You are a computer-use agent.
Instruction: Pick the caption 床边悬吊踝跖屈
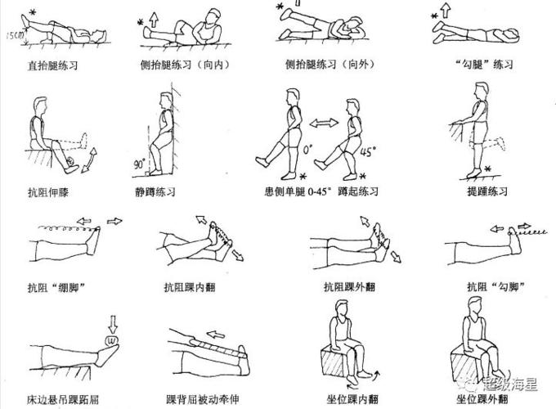pos(61,398)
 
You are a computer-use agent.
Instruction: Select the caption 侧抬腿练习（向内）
pos(187,63)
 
